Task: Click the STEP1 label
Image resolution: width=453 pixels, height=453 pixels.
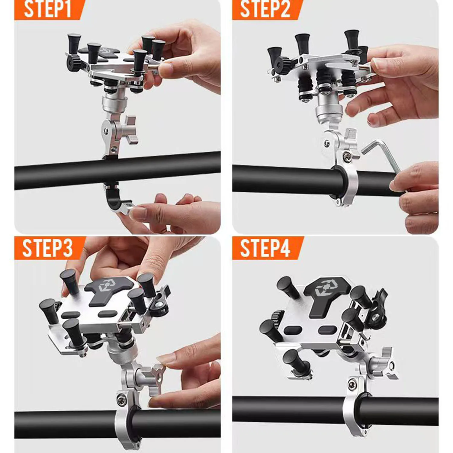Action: tap(47, 9)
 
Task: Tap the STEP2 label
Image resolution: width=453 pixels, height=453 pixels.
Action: tap(265, 9)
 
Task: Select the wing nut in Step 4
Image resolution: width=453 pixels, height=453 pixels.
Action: tap(388, 364)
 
